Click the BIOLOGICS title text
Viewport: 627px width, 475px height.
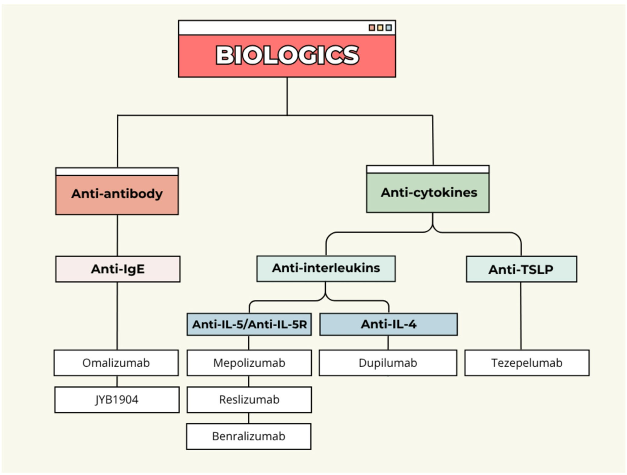tap(287, 55)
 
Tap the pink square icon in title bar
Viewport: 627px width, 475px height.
tap(372, 27)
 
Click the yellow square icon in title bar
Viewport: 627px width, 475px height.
tap(380, 27)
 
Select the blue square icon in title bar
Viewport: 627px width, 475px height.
tap(388, 27)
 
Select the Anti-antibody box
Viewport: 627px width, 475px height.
tap(117, 194)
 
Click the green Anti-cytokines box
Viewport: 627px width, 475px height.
tap(428, 193)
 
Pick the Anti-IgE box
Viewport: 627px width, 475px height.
tap(117, 269)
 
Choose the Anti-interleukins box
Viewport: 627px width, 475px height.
tap(326, 268)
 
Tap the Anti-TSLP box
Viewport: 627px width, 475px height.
tap(521, 269)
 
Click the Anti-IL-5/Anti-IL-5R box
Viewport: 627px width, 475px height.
tap(249, 325)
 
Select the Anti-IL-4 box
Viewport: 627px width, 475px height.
tap(388, 325)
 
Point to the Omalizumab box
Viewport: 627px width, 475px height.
tap(116, 363)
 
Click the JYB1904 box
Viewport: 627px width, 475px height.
tap(116, 400)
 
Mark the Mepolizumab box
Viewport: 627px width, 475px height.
tap(249, 363)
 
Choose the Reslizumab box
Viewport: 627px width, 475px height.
tap(249, 400)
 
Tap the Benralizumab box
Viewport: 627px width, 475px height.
tap(249, 436)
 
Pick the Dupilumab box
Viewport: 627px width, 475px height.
tap(388, 363)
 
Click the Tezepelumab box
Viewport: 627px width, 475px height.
tap(527, 363)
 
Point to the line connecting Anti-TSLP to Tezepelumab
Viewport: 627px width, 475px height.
tap(521, 315)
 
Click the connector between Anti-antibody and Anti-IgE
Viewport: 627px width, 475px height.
tap(117, 235)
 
